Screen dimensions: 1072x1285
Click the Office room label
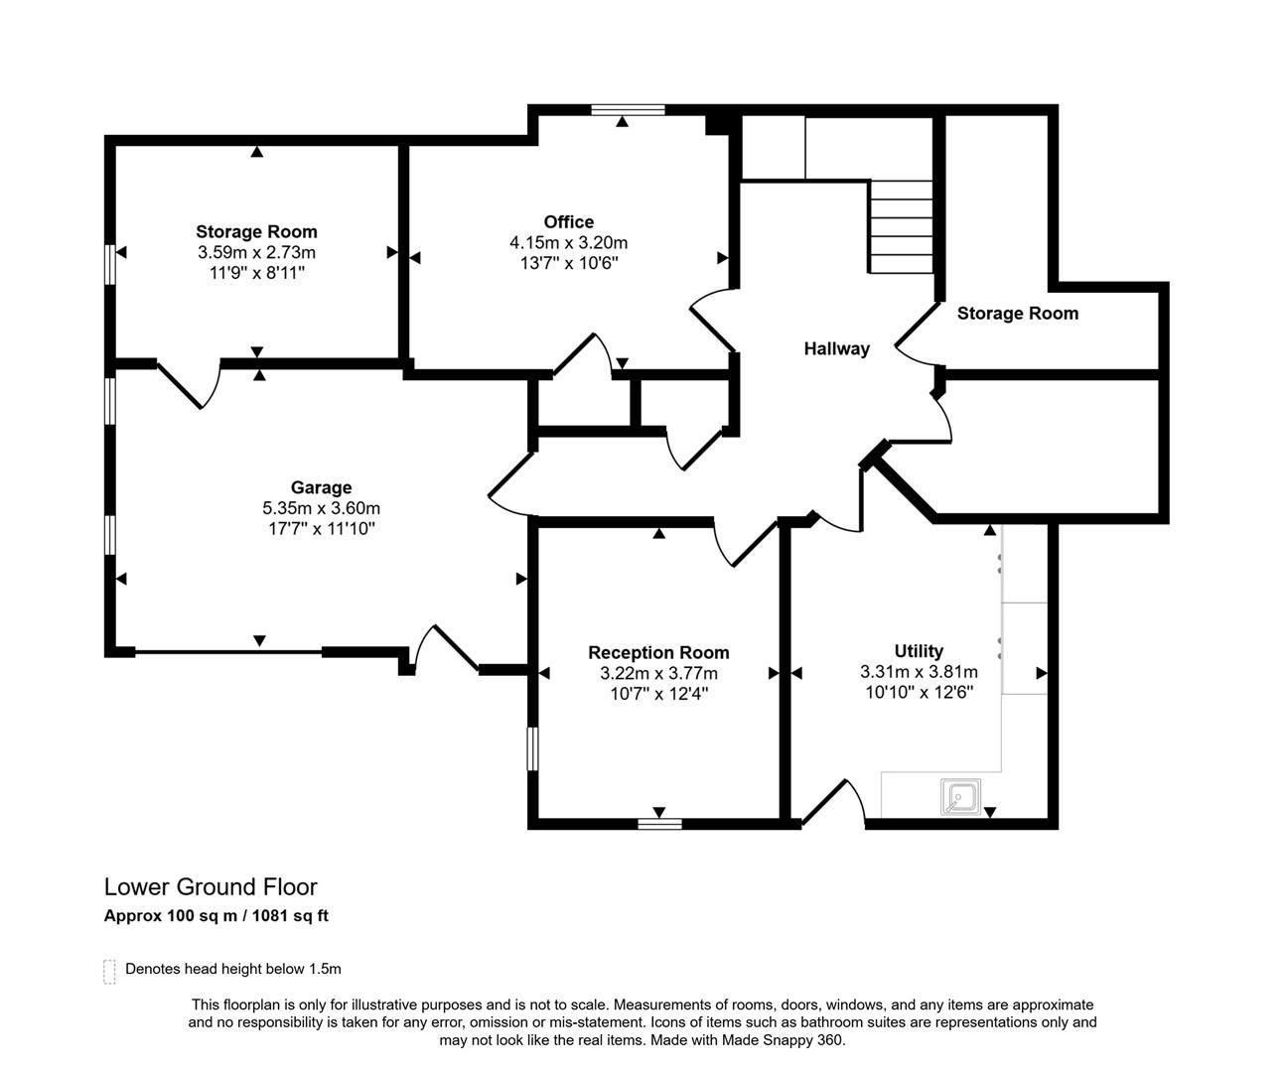[568, 222]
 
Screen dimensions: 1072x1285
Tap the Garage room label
[321, 487]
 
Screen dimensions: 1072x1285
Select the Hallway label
[836, 348]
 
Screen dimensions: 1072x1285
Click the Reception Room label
[658, 652]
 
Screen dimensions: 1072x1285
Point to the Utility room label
[919, 651]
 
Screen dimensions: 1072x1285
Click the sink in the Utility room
[960, 796]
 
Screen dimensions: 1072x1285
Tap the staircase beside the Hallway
[902, 227]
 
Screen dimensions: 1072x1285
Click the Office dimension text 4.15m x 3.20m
[568, 242]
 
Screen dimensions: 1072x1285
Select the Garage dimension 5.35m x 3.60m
[321, 508]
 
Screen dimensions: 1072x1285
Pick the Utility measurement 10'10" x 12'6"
[919, 693]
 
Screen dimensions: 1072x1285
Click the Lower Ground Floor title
[211, 886]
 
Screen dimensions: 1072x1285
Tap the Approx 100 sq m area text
[170, 916]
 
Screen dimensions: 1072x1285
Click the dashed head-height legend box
[109, 971]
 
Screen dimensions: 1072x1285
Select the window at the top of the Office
[628, 110]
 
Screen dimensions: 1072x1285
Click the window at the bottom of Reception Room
[659, 823]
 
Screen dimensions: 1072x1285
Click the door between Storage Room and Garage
[188, 382]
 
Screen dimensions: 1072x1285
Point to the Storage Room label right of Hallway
[1017, 314]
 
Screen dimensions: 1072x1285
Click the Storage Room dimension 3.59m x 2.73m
[256, 253]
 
